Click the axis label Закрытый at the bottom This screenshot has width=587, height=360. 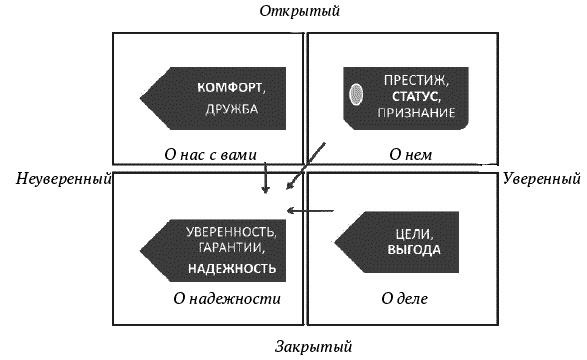pyautogui.click(x=312, y=347)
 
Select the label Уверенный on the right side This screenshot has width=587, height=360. pyautogui.click(x=541, y=180)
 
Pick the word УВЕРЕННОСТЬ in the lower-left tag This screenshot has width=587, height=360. pyautogui.click(x=231, y=232)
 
